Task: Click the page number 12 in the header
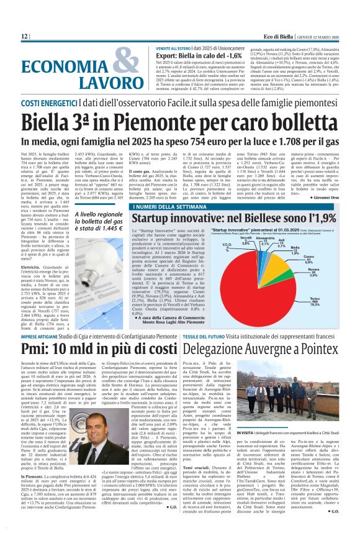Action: tap(25, 37)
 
